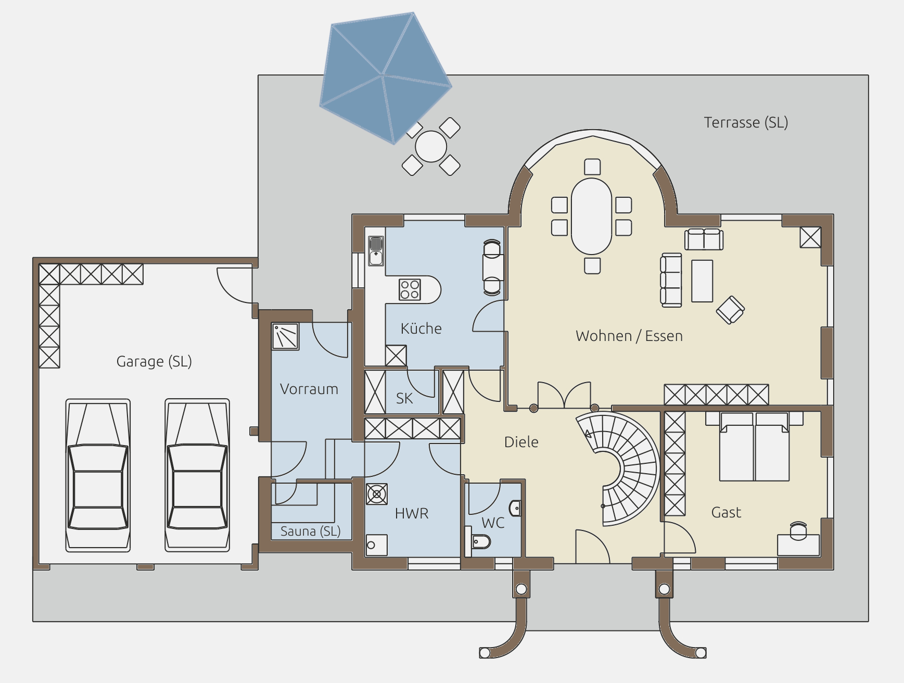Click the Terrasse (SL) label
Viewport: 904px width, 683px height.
click(746, 122)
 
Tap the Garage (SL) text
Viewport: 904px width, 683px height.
click(154, 361)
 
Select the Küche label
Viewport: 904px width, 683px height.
click(421, 328)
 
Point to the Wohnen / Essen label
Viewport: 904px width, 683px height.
click(629, 336)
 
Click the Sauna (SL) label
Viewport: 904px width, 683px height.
click(310, 531)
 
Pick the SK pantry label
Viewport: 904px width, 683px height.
click(404, 398)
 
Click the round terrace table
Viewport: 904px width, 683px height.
click(431, 146)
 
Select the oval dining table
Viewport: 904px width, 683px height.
click(591, 217)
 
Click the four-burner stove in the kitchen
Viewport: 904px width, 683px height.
click(410, 290)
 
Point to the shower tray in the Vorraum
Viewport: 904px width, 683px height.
click(285, 336)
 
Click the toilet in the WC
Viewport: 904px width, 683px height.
click(480, 543)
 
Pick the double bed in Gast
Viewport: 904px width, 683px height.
click(754, 447)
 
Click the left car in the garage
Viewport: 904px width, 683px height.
click(98, 475)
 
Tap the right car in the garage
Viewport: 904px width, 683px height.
click(197, 475)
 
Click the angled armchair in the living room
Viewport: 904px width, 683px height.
click(730, 310)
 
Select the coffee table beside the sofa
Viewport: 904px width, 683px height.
click(702, 281)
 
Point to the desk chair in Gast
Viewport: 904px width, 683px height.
click(798, 530)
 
